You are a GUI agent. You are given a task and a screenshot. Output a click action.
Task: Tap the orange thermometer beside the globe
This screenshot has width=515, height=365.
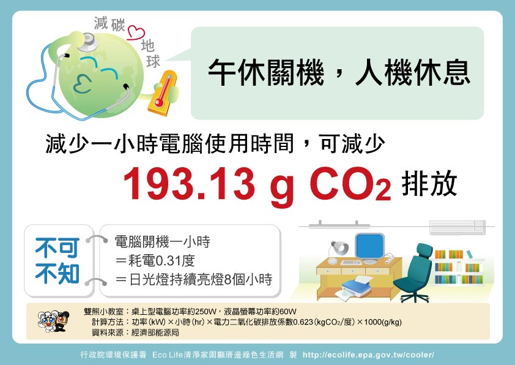coord(163,93)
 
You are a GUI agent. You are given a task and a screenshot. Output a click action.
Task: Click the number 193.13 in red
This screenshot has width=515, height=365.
coord(189,184)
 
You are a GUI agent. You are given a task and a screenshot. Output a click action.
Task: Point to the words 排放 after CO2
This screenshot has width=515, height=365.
coord(429,184)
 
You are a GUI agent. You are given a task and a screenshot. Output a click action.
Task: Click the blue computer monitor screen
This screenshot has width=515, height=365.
coord(370,246)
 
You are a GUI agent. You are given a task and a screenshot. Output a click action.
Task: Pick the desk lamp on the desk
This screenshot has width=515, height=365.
coord(338,252)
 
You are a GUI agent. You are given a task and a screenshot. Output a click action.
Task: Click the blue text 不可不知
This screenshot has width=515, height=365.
coord(57,260)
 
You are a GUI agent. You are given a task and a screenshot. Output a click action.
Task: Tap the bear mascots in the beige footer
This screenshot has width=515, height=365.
coord(54,321)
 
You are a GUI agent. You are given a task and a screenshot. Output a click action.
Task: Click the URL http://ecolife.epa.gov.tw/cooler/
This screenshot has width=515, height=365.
coord(369,355)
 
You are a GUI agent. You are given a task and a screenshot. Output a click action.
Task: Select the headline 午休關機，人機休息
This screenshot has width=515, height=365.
coord(339,73)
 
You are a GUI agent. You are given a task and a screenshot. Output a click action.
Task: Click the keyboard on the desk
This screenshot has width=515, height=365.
coord(351,262)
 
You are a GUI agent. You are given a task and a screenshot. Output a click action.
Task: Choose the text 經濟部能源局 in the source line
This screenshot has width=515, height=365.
coord(155,333)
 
